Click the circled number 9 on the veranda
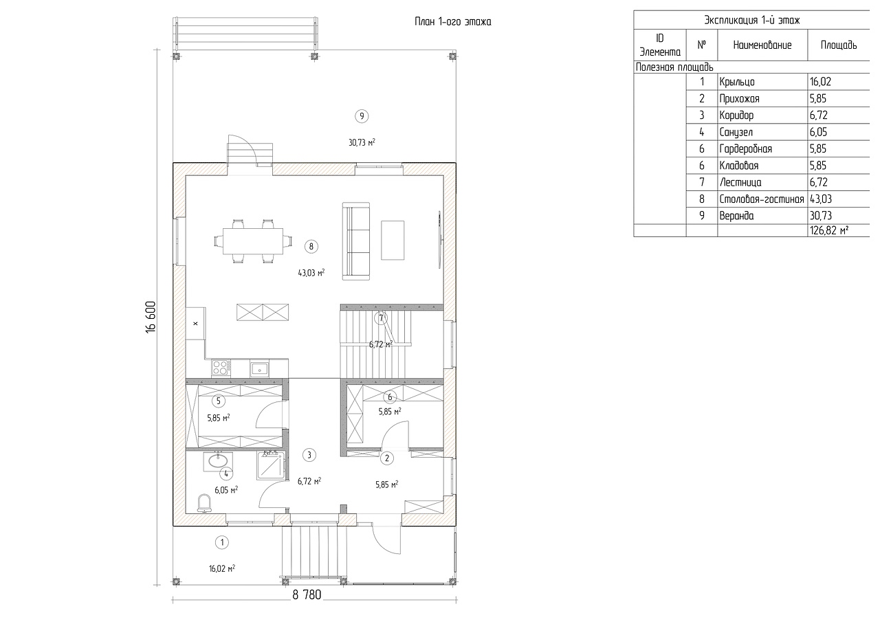(x=362, y=116)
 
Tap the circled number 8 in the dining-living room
(x=311, y=247)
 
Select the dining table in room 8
(x=253, y=241)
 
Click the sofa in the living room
(x=356, y=241)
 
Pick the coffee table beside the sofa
(x=393, y=241)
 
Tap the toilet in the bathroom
(x=204, y=503)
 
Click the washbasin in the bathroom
(x=218, y=460)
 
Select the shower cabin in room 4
(x=270, y=466)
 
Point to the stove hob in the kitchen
(x=221, y=368)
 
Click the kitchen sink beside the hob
(x=259, y=369)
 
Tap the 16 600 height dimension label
(x=151, y=317)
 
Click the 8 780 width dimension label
(x=307, y=595)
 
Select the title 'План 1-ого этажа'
(x=453, y=21)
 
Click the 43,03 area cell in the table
(x=821, y=199)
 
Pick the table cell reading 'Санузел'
(x=736, y=133)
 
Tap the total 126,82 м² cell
(x=829, y=230)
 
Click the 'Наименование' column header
(x=762, y=45)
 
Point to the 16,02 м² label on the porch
(x=222, y=568)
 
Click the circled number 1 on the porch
(x=222, y=543)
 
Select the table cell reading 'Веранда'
(x=736, y=216)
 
